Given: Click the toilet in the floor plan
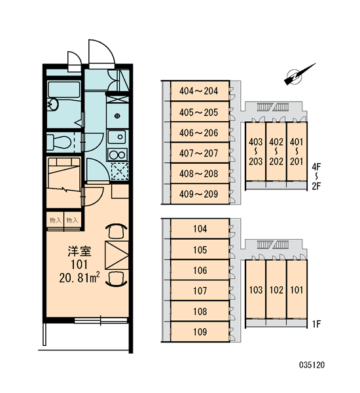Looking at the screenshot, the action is (x=59, y=141).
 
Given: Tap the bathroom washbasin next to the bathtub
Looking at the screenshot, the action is (x=53, y=104).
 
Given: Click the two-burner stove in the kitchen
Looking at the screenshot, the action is (x=117, y=155).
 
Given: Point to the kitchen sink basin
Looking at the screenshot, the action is (x=117, y=137).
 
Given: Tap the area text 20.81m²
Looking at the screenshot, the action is (x=79, y=278).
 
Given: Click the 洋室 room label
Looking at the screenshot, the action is (x=79, y=252).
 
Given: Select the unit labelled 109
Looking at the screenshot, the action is (x=200, y=332).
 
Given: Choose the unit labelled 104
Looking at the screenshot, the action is (x=200, y=229).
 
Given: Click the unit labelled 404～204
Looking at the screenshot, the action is (x=200, y=91).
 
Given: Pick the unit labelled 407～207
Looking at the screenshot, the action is (x=200, y=153).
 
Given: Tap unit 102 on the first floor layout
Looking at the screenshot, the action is (x=276, y=290).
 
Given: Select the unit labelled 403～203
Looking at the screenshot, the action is (x=255, y=151).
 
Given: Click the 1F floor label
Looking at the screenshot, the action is (x=317, y=324).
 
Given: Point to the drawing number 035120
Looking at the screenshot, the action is (x=312, y=365).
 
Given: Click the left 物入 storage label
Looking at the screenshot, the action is (x=56, y=220).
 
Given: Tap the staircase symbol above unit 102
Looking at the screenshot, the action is (x=273, y=244).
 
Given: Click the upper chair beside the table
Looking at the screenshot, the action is (x=117, y=231).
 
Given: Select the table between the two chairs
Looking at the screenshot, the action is (x=117, y=255).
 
